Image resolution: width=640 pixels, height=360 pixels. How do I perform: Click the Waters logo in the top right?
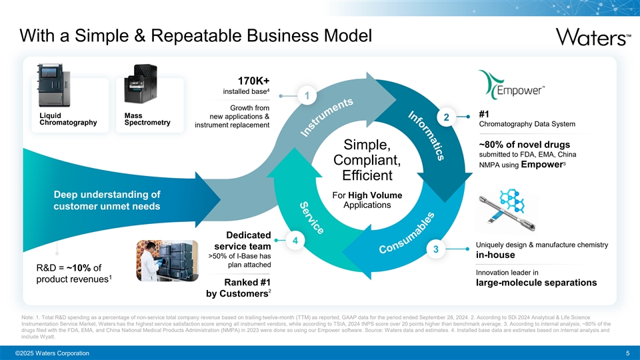pyautogui.click(x=589, y=36)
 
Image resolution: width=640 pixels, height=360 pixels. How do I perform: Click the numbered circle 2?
pyautogui.click(x=446, y=118)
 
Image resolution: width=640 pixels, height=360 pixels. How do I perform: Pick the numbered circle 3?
pyautogui.click(x=435, y=249)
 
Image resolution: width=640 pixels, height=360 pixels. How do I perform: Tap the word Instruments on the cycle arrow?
pyautogui.click(x=326, y=118)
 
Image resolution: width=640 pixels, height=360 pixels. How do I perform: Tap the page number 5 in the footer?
pyautogui.click(x=627, y=353)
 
